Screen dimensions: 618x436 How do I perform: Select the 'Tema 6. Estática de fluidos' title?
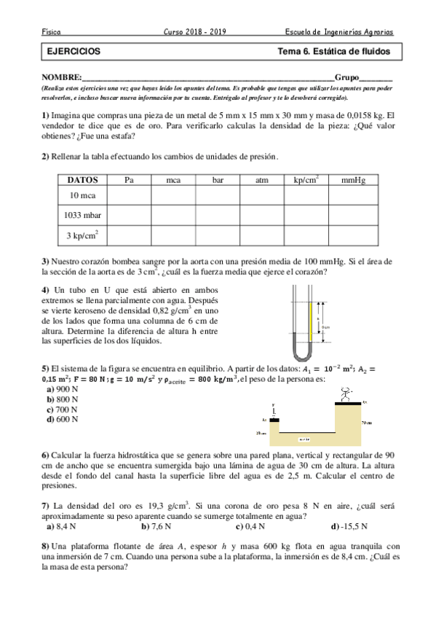(334, 52)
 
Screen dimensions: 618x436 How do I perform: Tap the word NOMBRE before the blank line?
(60, 78)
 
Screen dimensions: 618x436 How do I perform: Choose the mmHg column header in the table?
(353, 180)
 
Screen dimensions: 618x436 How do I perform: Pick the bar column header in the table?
(217, 180)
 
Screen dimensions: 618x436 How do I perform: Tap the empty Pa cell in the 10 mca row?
(129, 195)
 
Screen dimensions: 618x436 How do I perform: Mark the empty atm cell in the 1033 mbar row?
(262, 215)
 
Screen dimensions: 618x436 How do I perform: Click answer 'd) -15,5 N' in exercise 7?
(349, 525)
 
